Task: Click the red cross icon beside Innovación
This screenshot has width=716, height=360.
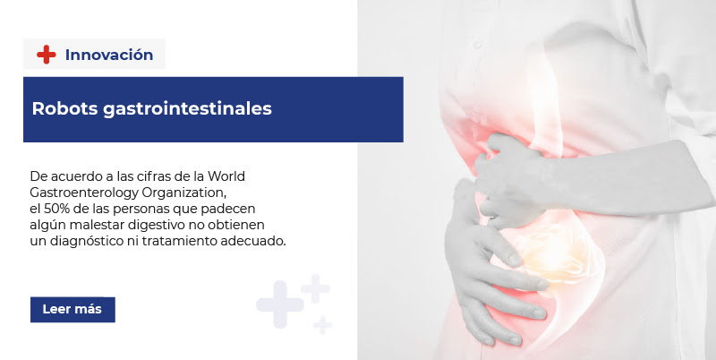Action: click(x=47, y=55)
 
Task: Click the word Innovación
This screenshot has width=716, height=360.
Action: click(x=109, y=55)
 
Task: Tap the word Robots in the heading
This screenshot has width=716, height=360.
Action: click(x=64, y=108)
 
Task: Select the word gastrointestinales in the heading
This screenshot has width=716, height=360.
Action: click(x=187, y=109)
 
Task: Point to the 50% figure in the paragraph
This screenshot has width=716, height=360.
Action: click(x=55, y=209)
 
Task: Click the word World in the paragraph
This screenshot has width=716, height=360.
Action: click(x=226, y=176)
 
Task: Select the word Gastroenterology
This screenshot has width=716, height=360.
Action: click(x=84, y=193)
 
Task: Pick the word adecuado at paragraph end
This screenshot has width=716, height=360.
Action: click(x=253, y=241)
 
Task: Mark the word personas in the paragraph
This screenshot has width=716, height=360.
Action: click(x=142, y=210)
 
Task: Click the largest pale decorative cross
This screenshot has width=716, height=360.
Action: click(x=279, y=304)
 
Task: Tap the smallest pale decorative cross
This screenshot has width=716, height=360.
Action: click(x=322, y=324)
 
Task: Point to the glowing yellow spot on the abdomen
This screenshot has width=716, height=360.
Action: click(x=550, y=253)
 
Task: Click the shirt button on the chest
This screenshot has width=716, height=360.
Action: click(x=477, y=44)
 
